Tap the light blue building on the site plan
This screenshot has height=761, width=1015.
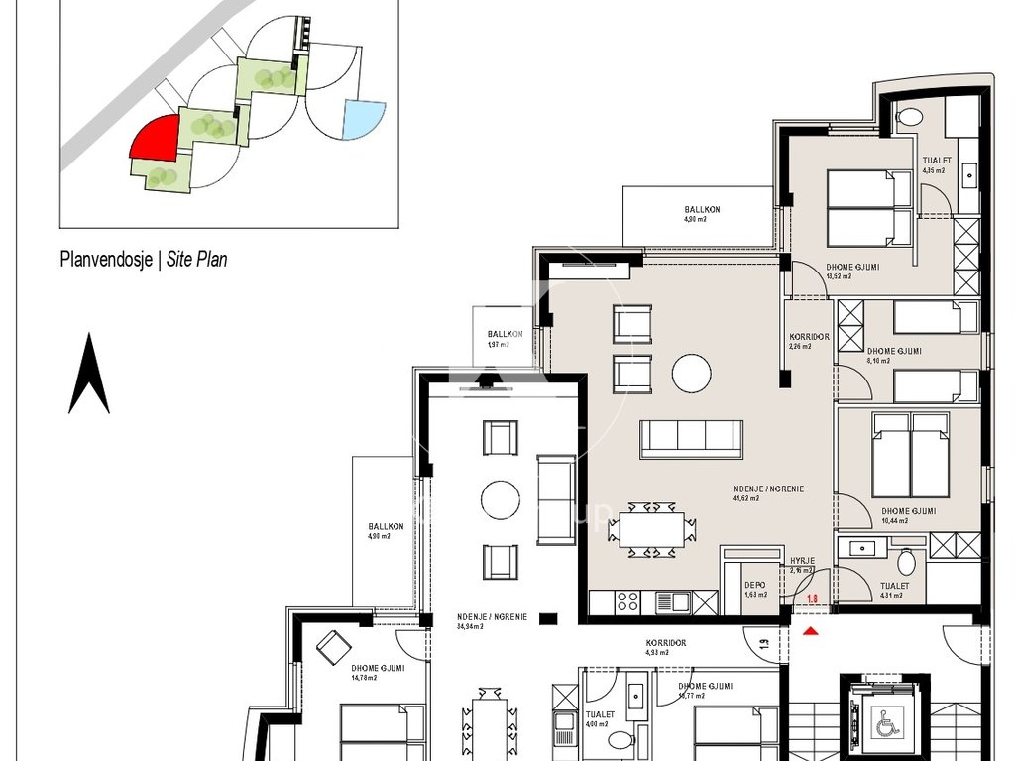click(363, 120)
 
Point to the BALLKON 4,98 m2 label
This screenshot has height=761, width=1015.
click(702, 214)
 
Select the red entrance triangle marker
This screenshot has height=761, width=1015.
click(811, 630)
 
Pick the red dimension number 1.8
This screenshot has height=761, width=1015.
click(811, 598)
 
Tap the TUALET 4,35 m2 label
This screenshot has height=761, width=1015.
click(935, 165)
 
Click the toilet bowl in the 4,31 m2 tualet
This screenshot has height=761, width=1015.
click(906, 562)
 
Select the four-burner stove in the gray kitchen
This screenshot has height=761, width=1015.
click(628, 600)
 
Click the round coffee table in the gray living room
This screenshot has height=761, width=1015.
click(691, 374)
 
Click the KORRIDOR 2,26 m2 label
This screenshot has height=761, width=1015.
click(800, 341)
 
